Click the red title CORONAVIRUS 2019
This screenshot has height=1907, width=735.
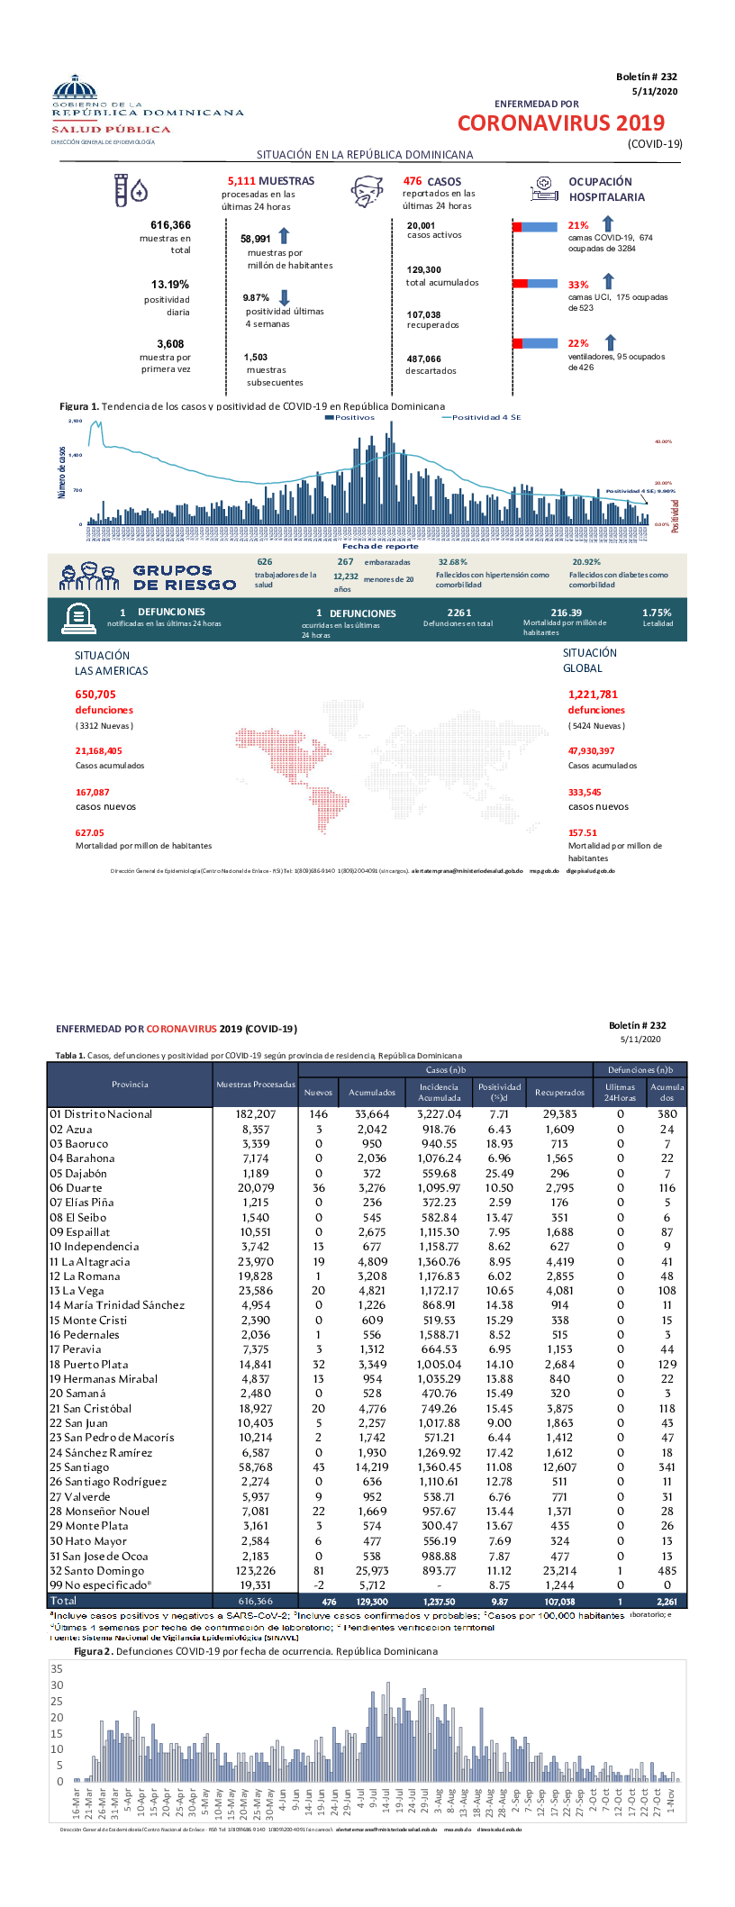pos(560,123)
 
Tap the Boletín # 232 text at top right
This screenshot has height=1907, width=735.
pos(646,77)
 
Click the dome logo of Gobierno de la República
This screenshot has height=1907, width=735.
pos(75,88)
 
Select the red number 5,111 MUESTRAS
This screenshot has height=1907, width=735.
pos(270,181)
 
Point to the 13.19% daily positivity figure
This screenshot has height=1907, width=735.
pos(170,285)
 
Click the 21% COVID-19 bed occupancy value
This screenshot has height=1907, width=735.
pos(578,226)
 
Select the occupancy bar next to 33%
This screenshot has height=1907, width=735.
pos(535,284)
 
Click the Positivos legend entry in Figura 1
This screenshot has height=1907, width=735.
pos(350,418)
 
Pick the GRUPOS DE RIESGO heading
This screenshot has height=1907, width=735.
pos(184,577)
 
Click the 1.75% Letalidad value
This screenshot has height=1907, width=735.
pos(657,613)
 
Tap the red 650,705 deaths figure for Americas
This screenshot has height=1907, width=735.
pos(95,695)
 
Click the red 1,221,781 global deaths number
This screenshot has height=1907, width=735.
pos(593,695)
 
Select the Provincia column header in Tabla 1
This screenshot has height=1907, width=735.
pos(130,1085)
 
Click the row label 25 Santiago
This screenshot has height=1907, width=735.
pos(79,1467)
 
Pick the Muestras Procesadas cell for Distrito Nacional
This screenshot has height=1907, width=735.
pos(256,1114)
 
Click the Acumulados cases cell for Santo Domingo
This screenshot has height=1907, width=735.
pos(372,1571)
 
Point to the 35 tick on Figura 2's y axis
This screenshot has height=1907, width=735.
pos(57,1669)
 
